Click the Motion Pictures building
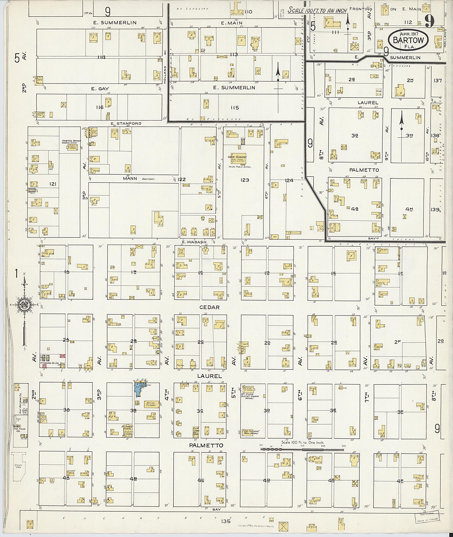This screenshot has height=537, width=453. (x=151, y=404)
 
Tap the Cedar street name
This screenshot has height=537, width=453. (x=209, y=308)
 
